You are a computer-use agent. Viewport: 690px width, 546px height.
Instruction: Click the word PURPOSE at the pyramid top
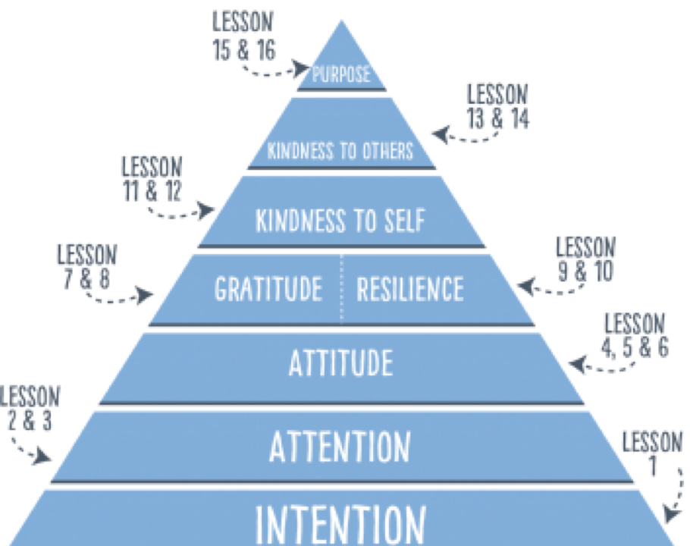coord(341,75)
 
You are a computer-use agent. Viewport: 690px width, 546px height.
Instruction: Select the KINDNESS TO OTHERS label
coord(340,151)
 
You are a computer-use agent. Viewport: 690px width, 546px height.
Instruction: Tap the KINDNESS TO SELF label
coord(340,221)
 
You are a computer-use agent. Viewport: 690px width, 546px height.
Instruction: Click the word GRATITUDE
coord(268,289)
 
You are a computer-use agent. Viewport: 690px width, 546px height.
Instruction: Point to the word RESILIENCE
coord(410,289)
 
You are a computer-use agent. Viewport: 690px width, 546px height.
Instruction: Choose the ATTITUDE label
coord(340,363)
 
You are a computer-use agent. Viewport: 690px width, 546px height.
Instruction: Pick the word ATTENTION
coord(340,446)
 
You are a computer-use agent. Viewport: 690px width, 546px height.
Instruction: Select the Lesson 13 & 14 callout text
coord(498,107)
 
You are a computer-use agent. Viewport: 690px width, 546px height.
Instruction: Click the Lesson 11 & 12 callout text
coord(152,178)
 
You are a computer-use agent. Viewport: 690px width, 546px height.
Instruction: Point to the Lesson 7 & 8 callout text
coord(86,266)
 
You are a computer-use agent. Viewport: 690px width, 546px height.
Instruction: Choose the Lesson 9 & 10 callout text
coord(585,259)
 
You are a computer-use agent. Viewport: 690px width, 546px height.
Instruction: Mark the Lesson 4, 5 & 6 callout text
coord(635,335)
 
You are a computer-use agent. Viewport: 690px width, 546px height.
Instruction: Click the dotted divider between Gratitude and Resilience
coord(341,289)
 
